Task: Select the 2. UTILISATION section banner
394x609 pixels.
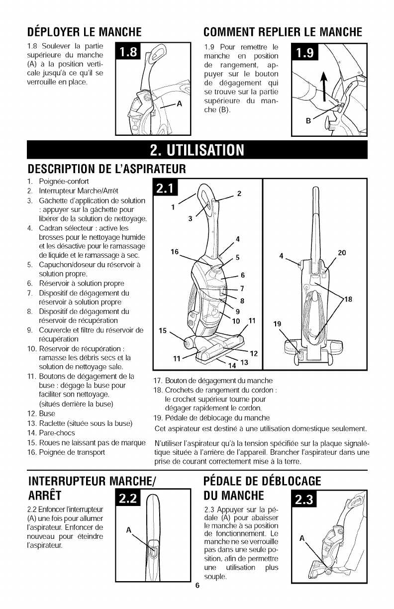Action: pos(197,150)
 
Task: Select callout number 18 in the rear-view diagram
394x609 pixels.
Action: pos(348,299)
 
